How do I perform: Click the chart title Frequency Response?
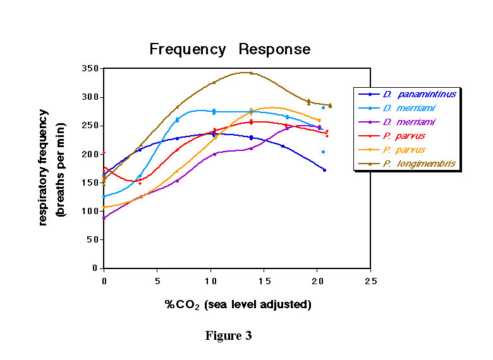tap(229, 49)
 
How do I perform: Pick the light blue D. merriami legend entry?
tap(408, 108)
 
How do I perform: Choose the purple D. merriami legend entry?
tap(408, 122)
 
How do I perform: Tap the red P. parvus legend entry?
tap(403, 136)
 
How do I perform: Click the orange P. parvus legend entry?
tap(403, 150)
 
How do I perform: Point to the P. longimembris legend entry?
tap(419, 164)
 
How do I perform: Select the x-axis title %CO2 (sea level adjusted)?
tap(238, 304)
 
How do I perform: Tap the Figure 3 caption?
tap(228, 335)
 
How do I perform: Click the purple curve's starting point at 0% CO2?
tap(104, 218)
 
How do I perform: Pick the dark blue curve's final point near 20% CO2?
tap(324, 170)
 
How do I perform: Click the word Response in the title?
tap(274, 49)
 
